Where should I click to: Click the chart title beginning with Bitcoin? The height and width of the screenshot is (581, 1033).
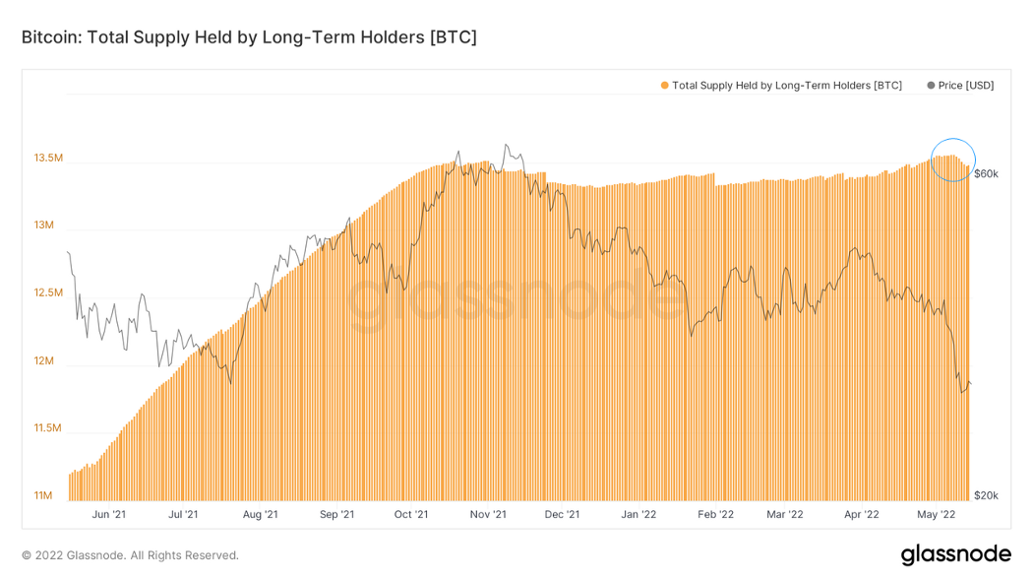(x=249, y=37)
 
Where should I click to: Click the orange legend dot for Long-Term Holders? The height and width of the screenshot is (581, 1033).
(x=664, y=86)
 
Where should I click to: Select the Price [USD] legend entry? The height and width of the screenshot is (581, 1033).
(x=960, y=86)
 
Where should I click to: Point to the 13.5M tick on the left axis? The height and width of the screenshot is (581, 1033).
(x=48, y=158)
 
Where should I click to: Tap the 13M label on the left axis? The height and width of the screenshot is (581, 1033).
(x=44, y=226)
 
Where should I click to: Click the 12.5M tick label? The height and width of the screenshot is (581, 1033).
(x=48, y=293)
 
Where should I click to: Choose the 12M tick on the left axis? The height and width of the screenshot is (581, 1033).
(x=44, y=361)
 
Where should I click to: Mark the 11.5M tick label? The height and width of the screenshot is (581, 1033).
(x=48, y=428)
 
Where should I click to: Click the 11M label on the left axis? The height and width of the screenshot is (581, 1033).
(x=44, y=495)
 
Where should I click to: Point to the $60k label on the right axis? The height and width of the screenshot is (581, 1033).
(x=986, y=174)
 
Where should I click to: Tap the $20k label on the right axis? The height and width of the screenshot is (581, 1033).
(x=986, y=495)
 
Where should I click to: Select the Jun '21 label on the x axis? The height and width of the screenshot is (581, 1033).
(x=107, y=514)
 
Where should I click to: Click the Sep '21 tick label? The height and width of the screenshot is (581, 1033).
(x=336, y=514)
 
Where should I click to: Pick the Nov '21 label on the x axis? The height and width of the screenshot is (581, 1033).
(x=488, y=514)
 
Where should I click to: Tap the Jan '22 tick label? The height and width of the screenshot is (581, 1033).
(x=639, y=514)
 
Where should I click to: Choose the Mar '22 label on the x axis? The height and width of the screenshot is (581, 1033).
(x=785, y=514)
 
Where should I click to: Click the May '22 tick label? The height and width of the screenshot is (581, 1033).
(x=937, y=514)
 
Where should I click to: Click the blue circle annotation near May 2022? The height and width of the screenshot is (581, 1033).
(x=953, y=159)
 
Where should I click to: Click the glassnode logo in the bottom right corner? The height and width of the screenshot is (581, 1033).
(x=955, y=555)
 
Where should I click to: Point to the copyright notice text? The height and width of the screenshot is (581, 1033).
(x=130, y=555)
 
